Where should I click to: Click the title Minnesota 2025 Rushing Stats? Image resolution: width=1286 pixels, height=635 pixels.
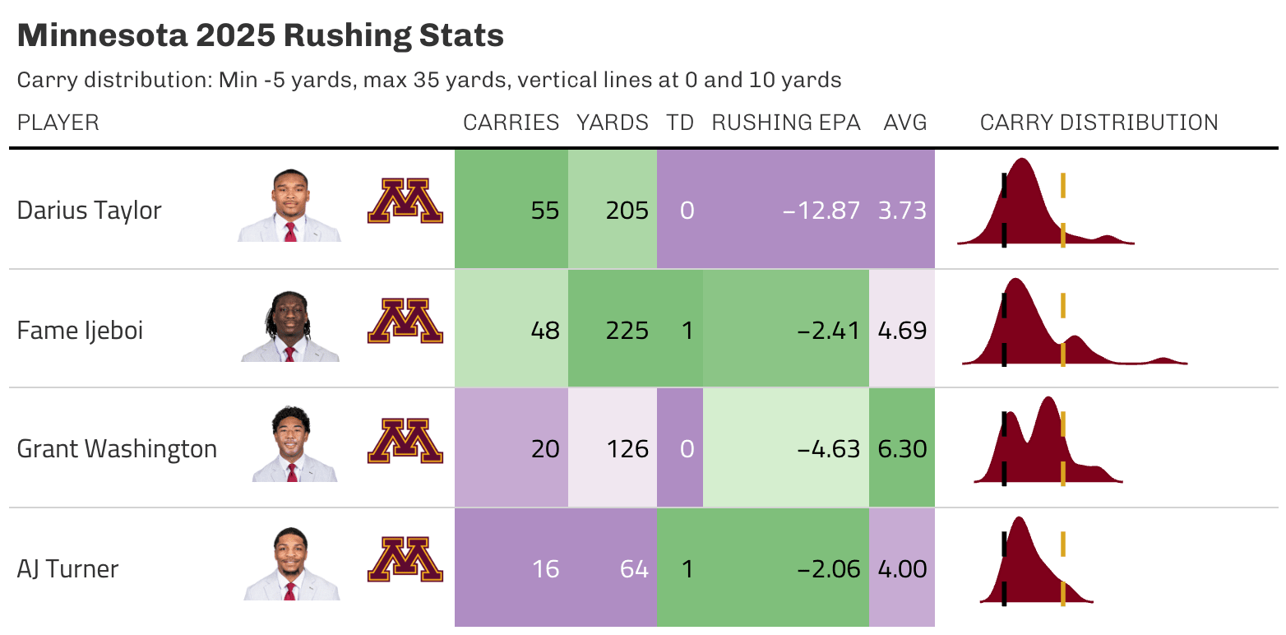pos(260,36)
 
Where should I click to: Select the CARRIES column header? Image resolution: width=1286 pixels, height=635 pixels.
pos(511,123)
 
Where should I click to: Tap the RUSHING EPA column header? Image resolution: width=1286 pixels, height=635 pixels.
pos(785,123)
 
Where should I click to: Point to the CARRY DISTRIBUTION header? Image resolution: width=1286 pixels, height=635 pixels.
pos(1099,123)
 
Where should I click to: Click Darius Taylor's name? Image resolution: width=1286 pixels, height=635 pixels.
pos(89,211)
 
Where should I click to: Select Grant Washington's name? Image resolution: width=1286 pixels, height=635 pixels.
pos(117,449)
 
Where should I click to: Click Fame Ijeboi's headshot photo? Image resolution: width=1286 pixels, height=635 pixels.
pos(289,327)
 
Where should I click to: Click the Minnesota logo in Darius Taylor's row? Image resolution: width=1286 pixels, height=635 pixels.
pos(405,202)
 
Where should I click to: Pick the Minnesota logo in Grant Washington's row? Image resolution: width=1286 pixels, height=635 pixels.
pos(405,441)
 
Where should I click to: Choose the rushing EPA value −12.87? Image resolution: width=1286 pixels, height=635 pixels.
pos(821,211)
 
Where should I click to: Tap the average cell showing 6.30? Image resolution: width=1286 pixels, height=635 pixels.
pos(902,449)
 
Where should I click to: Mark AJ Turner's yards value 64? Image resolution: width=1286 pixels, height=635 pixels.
pos(634,569)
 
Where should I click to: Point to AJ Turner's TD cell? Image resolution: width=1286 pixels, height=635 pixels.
pos(680,569)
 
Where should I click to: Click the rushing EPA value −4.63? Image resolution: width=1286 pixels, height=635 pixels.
pos(828,449)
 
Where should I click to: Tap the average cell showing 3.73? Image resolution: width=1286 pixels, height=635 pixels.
pos(902,211)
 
